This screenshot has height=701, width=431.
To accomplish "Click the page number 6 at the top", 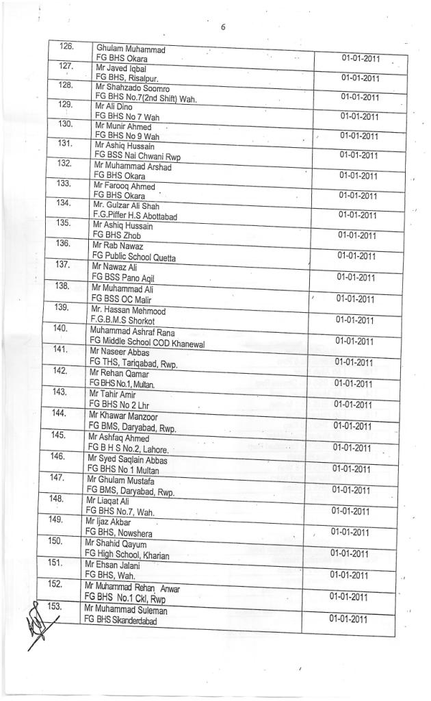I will point(223,27).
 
